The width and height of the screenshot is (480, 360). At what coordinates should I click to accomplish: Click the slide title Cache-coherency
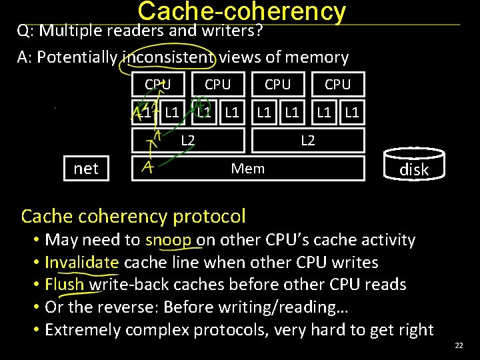(x=241, y=11)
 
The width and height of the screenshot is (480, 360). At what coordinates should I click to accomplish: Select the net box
(x=85, y=169)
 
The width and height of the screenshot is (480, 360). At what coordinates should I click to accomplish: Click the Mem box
(x=248, y=169)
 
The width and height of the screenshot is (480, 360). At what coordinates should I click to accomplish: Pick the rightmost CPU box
(x=337, y=85)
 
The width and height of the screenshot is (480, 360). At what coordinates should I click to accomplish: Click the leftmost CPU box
(x=157, y=85)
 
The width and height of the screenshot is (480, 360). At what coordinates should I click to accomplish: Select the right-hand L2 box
(x=308, y=140)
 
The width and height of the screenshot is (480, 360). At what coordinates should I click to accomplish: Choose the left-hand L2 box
(x=188, y=140)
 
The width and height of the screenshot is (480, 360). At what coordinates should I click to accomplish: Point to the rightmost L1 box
(x=352, y=113)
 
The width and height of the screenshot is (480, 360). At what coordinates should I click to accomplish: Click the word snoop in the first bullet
(x=169, y=240)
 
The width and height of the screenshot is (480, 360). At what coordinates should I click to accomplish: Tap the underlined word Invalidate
(x=82, y=262)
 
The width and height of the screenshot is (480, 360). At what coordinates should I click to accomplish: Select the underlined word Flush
(x=65, y=285)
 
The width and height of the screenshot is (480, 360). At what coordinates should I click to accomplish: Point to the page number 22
(x=458, y=345)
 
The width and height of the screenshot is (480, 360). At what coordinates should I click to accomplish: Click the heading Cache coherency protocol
(x=133, y=216)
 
